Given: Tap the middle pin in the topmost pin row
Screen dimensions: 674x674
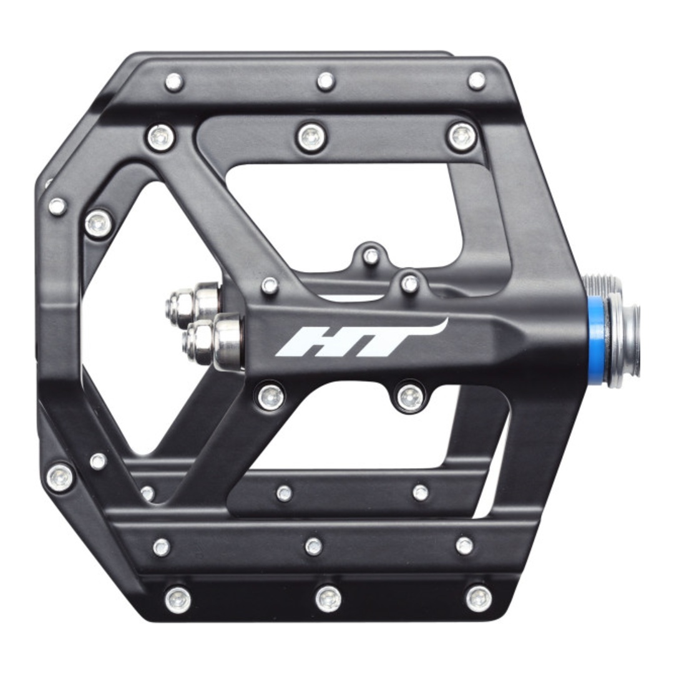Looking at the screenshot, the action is [x=326, y=81].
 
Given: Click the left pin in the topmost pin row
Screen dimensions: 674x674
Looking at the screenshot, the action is [x=174, y=81].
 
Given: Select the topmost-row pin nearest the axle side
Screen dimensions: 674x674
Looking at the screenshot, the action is [x=477, y=81].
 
